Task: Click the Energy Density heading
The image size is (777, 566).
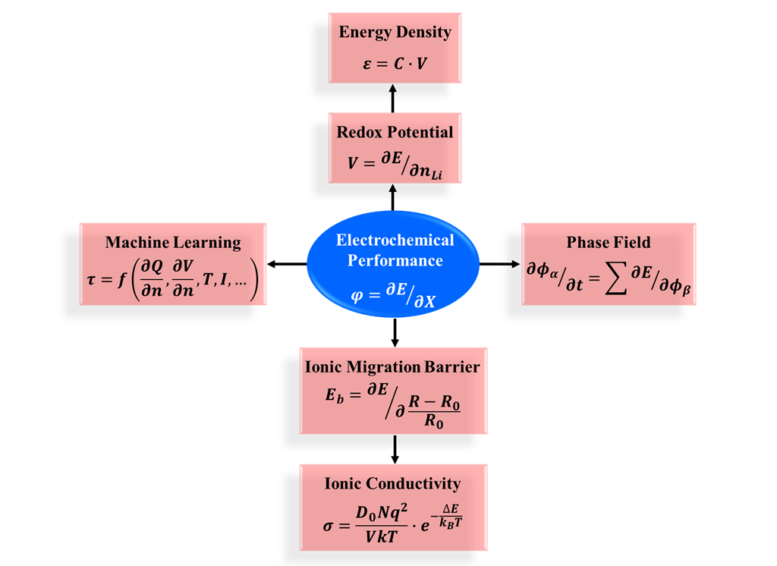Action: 395,32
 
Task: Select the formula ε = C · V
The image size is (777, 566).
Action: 395,63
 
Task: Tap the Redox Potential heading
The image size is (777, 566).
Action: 395,132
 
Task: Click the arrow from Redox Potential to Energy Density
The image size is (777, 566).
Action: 393,98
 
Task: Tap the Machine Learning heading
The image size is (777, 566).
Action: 173,243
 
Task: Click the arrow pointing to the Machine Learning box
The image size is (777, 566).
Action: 287,264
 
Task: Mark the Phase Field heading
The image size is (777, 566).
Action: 609,243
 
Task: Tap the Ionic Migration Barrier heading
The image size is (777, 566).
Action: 392,367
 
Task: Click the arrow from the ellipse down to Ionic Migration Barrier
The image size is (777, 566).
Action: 395,332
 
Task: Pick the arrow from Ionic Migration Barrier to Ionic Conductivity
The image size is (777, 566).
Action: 395,449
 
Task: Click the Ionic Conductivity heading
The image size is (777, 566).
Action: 392,483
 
